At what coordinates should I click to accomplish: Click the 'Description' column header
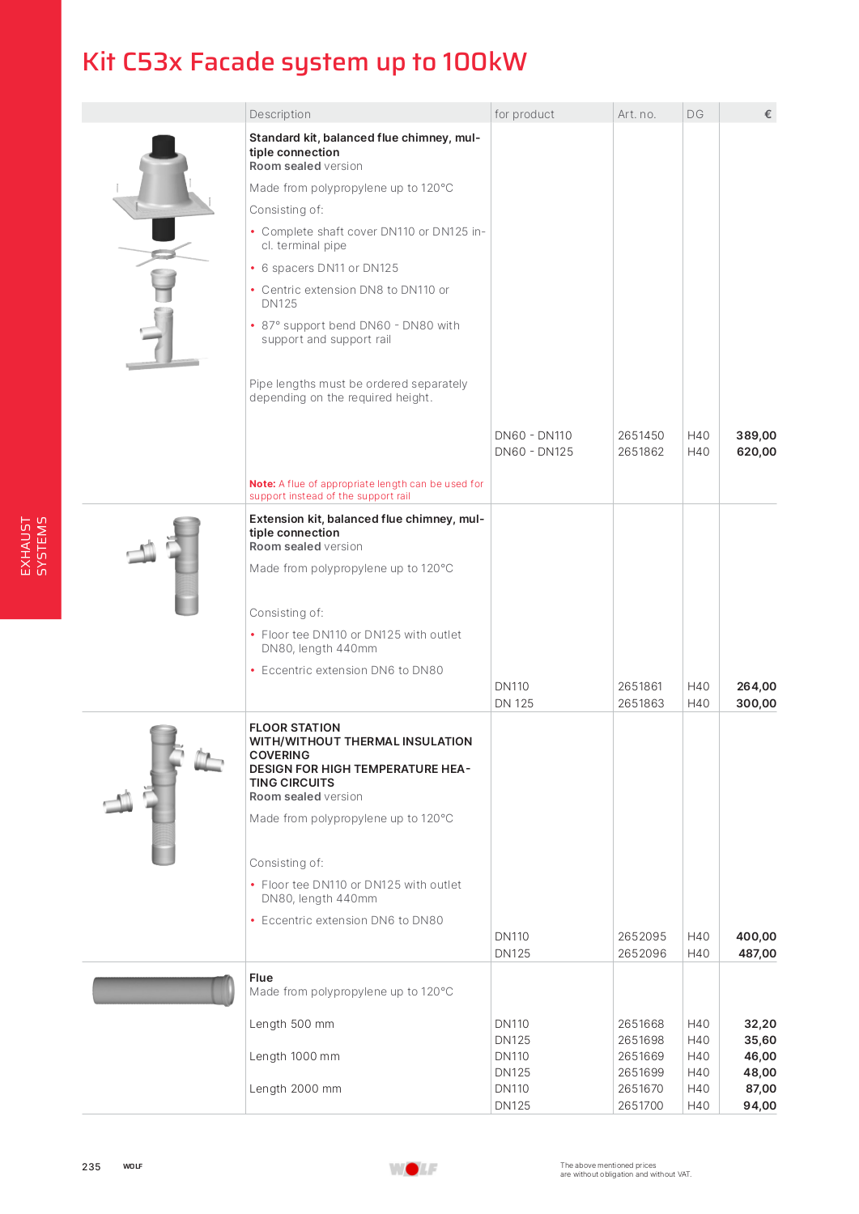coord(280,114)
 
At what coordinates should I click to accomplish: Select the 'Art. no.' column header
coord(636,114)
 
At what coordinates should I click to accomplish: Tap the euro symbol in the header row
coord(768,114)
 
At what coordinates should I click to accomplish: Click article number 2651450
coord(640,435)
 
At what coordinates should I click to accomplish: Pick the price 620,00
coord(756,452)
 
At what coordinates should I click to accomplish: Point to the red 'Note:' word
coord(262,484)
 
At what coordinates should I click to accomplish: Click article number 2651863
coord(640,703)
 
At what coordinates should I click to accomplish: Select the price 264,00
coord(756,686)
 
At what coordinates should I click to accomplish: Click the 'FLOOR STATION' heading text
coord(295,728)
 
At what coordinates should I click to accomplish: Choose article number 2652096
coord(642,953)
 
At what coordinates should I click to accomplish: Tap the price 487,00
coord(757,953)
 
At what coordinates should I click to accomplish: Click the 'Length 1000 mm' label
coord(295,1056)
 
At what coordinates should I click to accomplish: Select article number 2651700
coord(640,1106)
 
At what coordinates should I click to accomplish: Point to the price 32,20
coord(760,1024)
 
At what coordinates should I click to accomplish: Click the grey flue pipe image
coord(164,990)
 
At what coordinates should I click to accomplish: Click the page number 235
coord(91,1166)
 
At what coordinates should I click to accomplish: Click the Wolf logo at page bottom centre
coord(413,1169)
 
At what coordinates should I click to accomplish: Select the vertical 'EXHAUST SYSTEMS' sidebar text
coord(33,546)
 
